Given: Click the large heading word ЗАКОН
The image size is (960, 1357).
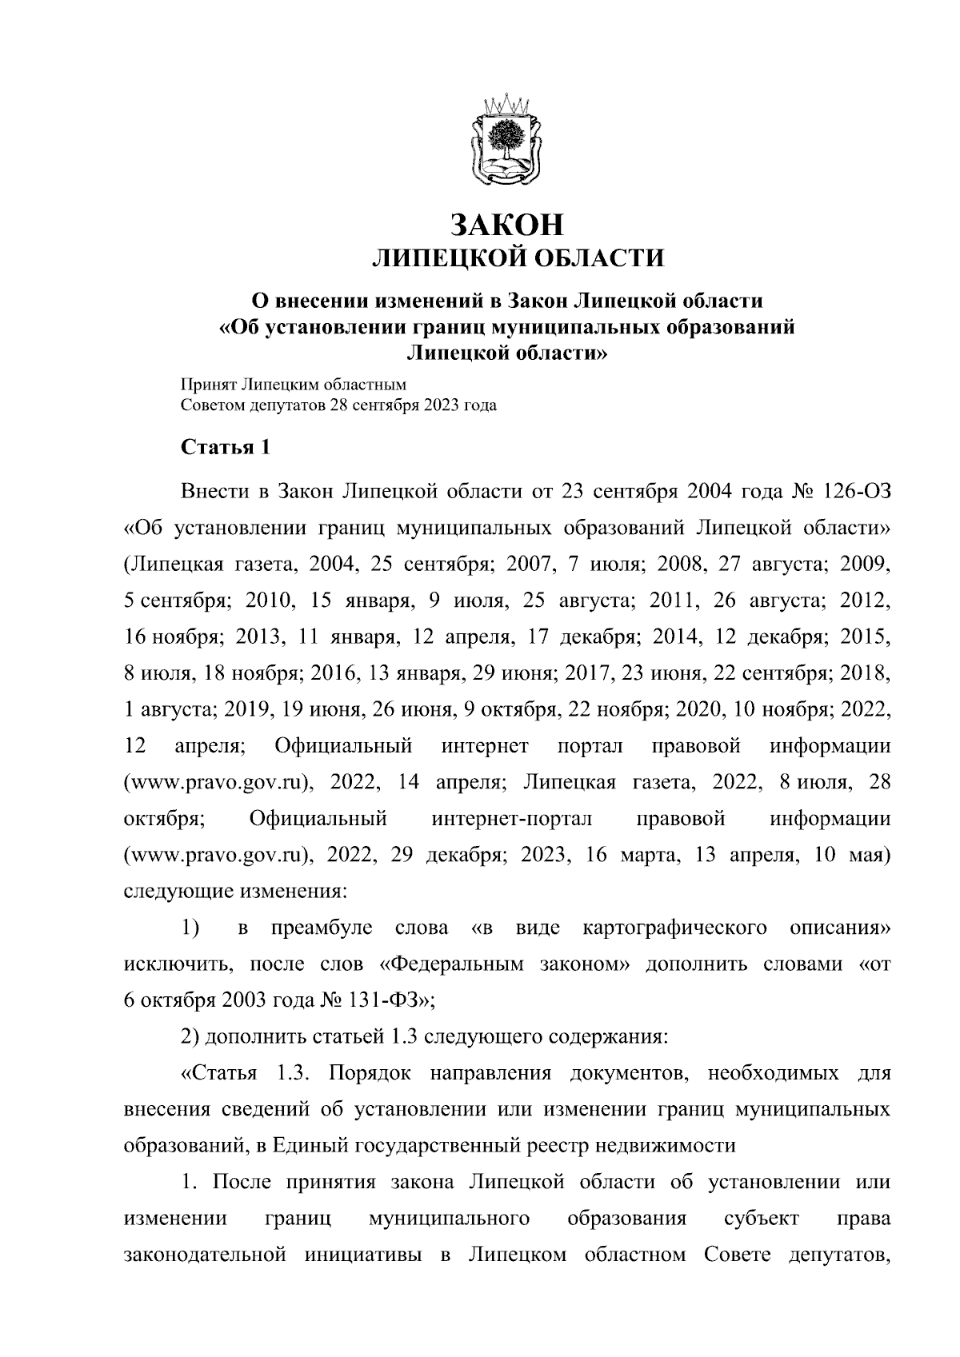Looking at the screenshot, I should (x=508, y=225).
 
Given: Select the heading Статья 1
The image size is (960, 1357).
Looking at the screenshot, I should (x=225, y=446).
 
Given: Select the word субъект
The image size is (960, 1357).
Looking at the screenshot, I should (x=761, y=1218).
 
